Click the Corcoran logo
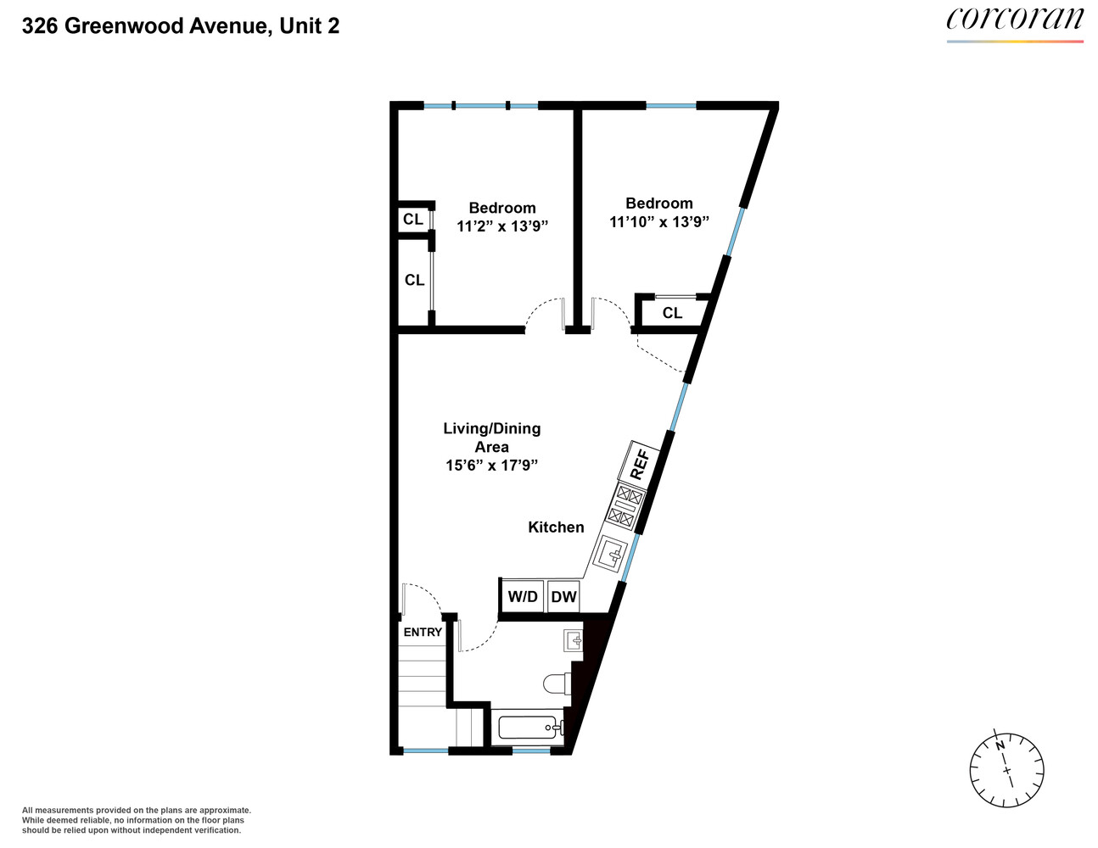tap(1015, 21)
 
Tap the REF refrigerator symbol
tap(641, 464)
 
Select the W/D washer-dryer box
tap(523, 597)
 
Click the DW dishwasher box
tap(563, 597)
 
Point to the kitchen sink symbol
tap(611, 554)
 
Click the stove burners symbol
tap(625, 505)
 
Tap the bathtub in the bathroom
tap(529, 727)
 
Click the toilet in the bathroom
tap(557, 683)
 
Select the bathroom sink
tap(574, 640)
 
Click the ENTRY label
tap(423, 632)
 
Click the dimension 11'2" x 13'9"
tap(502, 226)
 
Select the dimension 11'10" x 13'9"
tap(659, 221)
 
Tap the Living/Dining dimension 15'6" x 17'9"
tap(492, 465)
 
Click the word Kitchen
tap(556, 527)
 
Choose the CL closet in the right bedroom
tap(672, 313)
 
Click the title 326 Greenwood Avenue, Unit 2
tap(181, 26)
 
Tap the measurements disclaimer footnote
tap(136, 820)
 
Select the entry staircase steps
tap(423, 678)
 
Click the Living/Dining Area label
tap(492, 437)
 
